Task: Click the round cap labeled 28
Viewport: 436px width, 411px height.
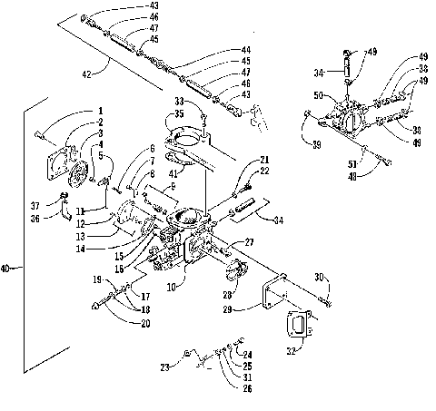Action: tap(241, 271)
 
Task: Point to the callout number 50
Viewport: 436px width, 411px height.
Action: tap(318, 94)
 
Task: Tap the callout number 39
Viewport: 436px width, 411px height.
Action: tap(315, 145)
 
